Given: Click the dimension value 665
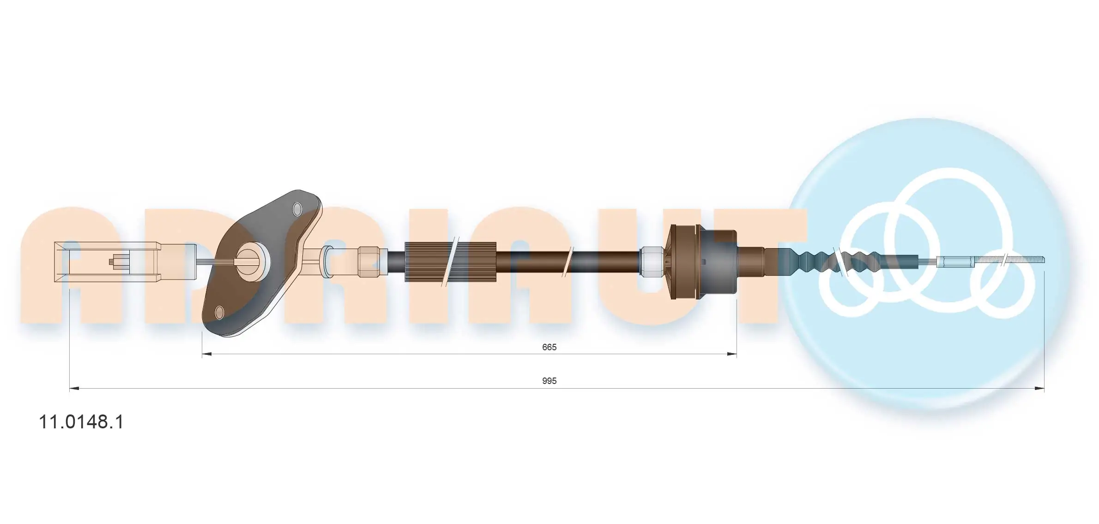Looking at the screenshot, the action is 549,347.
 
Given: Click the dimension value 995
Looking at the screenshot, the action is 549,381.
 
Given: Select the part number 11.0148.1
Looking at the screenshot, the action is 81,422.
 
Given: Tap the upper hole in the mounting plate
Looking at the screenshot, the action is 297,209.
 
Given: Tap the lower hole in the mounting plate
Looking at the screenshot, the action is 220,313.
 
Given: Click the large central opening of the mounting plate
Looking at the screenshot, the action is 253,262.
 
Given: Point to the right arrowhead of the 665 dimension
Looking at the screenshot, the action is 731,354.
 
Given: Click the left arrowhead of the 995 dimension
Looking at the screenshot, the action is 74,389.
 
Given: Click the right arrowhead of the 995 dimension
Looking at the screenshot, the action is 1039,389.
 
